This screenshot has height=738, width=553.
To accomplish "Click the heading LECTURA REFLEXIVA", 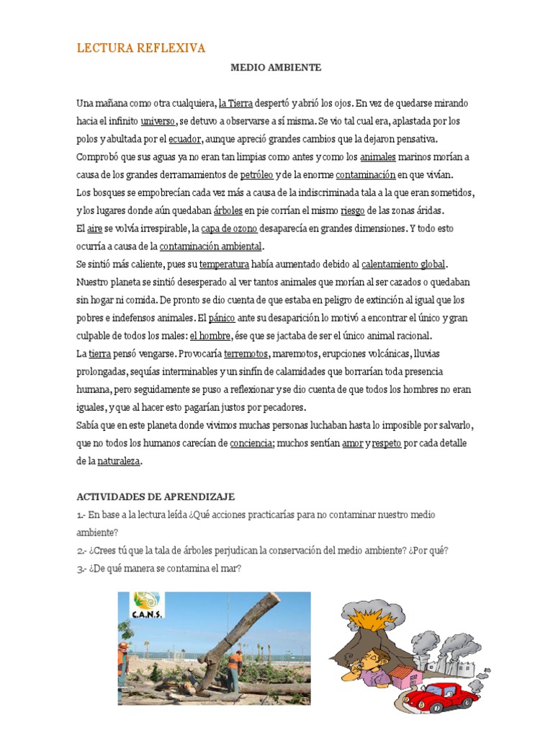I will [x=141, y=48].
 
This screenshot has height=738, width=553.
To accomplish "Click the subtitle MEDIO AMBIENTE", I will [x=276, y=68].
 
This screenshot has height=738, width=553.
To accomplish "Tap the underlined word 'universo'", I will [x=158, y=121].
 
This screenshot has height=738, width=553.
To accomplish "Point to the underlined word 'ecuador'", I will [x=184, y=139].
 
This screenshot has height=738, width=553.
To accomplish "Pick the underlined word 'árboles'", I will [x=228, y=211].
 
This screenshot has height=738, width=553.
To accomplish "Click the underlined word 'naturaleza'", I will [x=120, y=462].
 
